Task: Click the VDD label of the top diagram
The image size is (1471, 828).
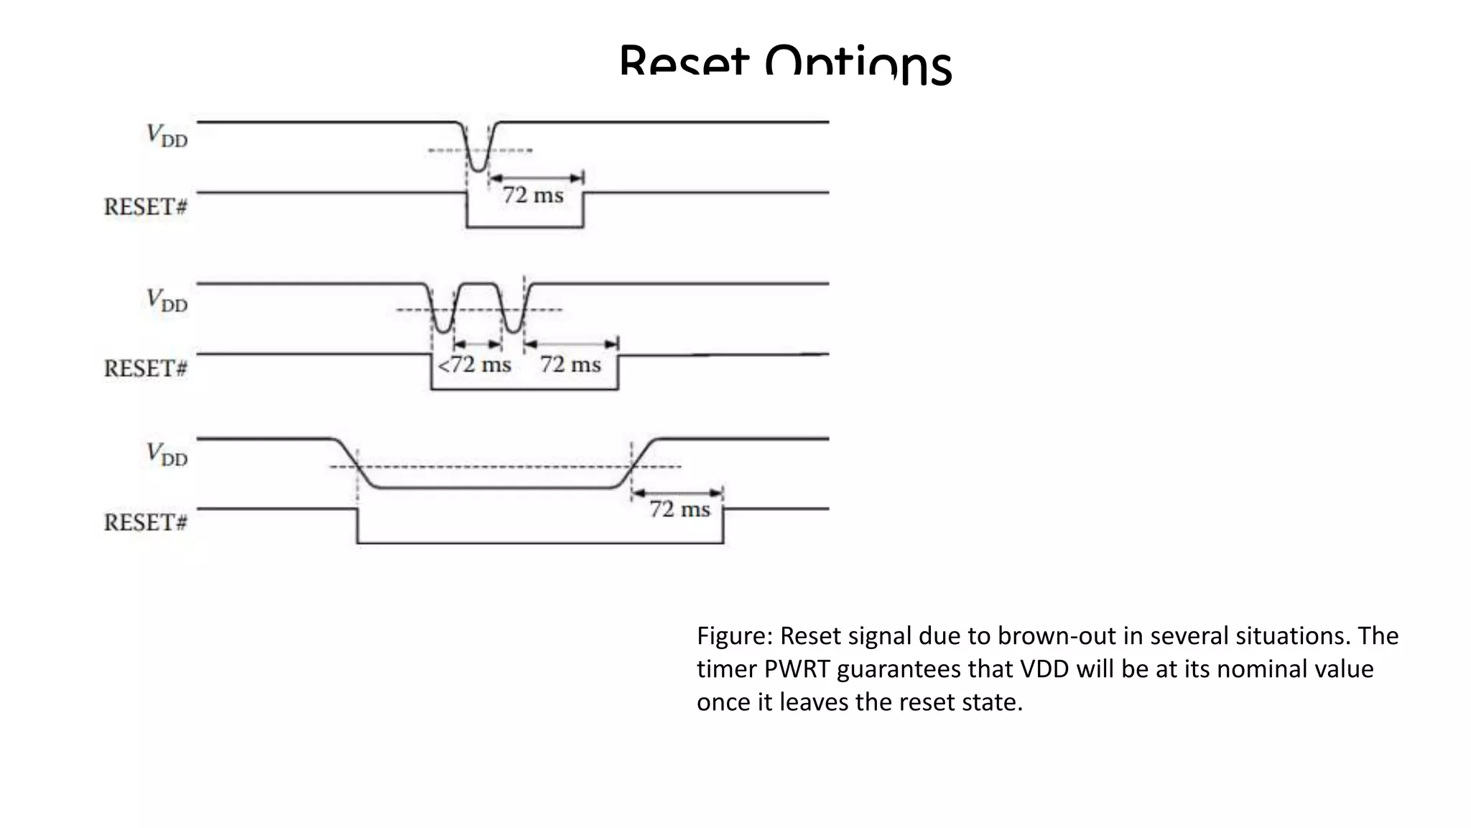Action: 167,135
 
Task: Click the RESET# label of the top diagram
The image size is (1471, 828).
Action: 145,207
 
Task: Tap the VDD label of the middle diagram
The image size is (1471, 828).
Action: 167,300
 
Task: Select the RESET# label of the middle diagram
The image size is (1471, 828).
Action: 145,369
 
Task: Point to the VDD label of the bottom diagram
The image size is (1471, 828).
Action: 167,454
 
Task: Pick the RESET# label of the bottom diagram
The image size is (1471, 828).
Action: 145,523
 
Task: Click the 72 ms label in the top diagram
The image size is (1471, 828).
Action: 532,195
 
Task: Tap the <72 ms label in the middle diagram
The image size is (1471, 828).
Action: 474,365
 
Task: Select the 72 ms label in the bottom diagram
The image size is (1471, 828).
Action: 679,510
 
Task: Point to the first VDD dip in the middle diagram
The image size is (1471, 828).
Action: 444,316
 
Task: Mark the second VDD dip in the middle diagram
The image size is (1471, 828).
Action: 513,316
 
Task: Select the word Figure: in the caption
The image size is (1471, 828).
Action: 735,636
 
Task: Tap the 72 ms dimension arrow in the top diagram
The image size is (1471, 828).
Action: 536,178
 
